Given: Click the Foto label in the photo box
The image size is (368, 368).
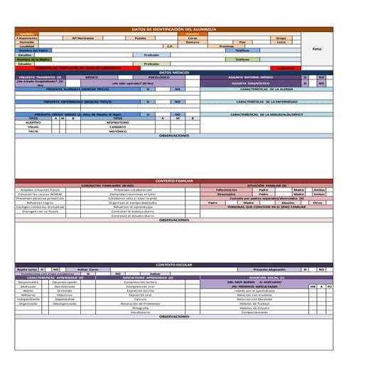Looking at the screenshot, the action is tap(317, 49).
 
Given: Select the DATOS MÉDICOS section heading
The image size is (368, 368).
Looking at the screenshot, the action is tap(173, 72).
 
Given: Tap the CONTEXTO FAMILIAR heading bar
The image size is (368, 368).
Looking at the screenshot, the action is tap(173, 180).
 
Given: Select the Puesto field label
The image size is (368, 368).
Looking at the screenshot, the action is tap(141, 38).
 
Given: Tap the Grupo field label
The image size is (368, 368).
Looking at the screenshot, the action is tap(281, 38).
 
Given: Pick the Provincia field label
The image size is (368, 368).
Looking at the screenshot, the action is tap(227, 46).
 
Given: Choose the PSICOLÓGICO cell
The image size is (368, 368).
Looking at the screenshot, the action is tap(158, 77).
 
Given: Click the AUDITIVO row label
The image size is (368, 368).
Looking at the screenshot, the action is tap(33, 122).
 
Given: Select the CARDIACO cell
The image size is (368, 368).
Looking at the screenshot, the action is tap(118, 126).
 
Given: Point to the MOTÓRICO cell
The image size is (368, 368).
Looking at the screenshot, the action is tap(118, 131).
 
